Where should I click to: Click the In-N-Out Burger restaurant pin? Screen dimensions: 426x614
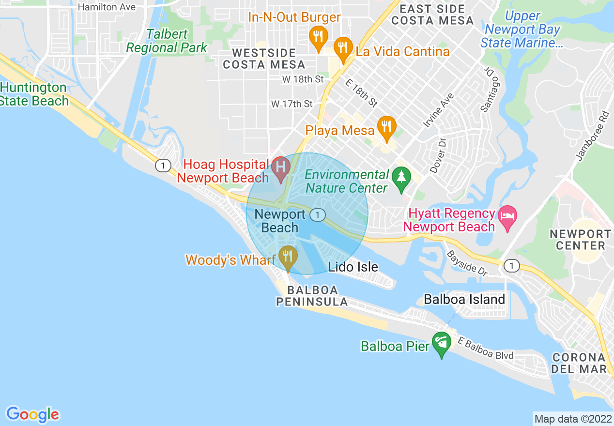point(318,37)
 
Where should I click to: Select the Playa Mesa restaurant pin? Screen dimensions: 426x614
point(386,127)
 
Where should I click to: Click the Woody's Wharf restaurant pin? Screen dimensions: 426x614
point(288,256)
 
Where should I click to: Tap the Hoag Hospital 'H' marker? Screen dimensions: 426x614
point(280,167)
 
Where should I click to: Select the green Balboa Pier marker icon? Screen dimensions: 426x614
point(441,343)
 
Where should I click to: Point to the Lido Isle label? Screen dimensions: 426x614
point(353,267)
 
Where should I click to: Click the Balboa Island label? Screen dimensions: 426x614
point(464,300)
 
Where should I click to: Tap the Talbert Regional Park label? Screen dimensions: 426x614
point(167,41)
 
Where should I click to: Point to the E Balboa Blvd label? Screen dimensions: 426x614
point(486,349)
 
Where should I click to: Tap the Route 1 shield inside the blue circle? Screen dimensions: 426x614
point(317,215)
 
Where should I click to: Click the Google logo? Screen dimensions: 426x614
point(32,414)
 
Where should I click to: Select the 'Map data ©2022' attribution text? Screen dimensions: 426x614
point(572,418)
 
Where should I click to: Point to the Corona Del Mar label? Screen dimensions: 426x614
point(579,363)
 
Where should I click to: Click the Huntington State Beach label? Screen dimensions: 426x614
point(34,94)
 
